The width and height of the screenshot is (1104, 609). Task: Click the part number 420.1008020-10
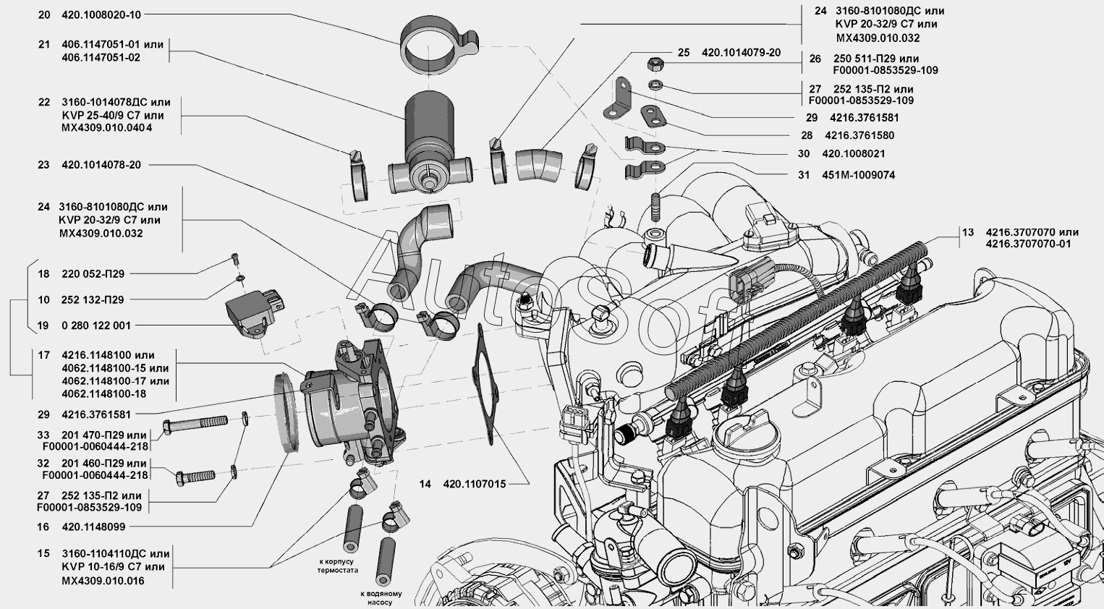click(101, 14)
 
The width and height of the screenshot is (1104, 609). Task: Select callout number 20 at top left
click(43, 14)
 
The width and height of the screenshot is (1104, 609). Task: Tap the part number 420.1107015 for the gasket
click(474, 484)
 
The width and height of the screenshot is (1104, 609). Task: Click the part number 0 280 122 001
click(96, 325)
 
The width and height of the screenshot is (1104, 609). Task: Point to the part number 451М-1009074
click(859, 175)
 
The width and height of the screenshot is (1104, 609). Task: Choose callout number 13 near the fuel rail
click(968, 232)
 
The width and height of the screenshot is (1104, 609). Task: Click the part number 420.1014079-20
click(741, 53)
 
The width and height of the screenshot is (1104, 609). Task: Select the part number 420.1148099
click(93, 527)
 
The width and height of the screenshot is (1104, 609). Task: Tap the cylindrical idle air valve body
click(430, 130)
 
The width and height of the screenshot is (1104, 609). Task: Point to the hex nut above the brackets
click(650, 64)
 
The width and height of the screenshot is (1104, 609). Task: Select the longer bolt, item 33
click(194, 424)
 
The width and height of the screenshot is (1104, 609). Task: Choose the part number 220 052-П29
click(93, 274)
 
